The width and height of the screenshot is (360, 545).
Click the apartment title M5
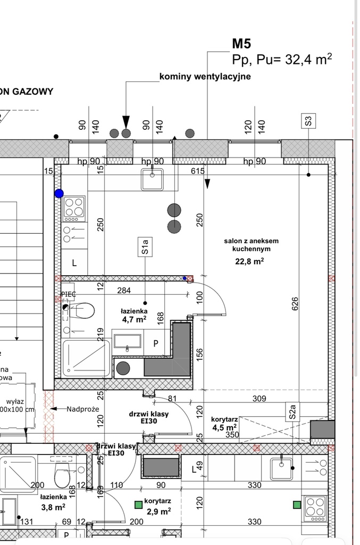point(242,44)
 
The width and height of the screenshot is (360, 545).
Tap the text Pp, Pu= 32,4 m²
point(282,60)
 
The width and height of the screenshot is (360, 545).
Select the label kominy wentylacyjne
point(205,77)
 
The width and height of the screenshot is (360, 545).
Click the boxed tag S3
point(308,121)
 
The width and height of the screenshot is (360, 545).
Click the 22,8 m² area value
point(250,261)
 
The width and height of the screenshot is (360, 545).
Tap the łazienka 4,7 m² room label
point(133,316)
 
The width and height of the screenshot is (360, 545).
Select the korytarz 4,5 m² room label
point(224,423)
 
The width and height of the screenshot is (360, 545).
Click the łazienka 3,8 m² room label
point(53,502)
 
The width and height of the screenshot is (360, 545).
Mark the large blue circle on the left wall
point(59,194)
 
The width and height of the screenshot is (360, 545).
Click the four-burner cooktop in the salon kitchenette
point(74,209)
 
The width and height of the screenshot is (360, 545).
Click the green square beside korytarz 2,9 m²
point(138,502)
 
